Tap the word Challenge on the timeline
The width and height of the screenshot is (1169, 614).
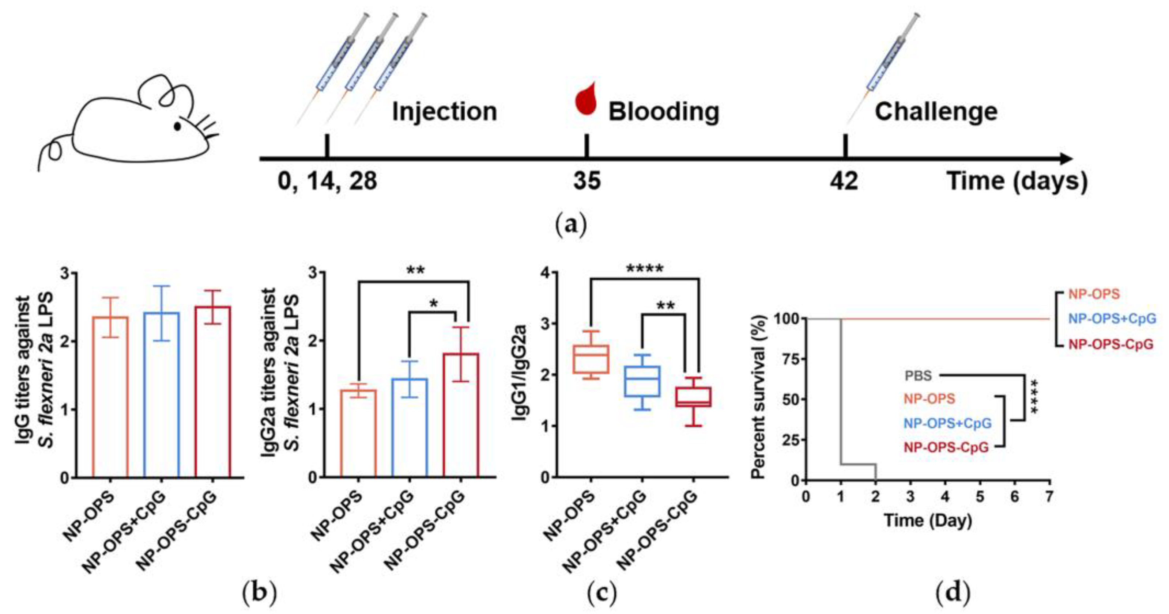tap(936, 111)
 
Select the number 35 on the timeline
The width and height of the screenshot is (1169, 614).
tap(587, 181)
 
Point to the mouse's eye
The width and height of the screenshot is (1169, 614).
tap(177, 126)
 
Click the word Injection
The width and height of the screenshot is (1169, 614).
tap(444, 111)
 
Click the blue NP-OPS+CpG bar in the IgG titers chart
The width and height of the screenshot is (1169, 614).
tap(162, 394)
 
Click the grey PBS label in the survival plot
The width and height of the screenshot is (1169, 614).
tap(919, 375)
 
